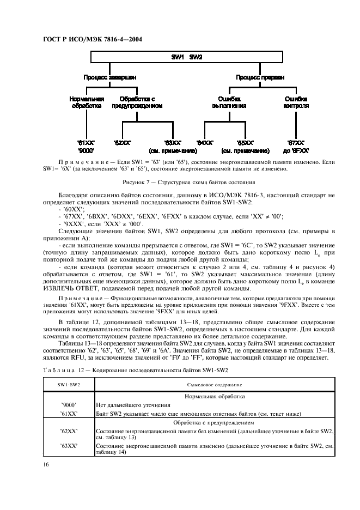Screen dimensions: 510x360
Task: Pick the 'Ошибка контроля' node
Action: (297, 102)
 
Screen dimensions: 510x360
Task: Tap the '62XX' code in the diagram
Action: (123, 142)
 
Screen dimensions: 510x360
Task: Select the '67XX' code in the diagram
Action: (297, 142)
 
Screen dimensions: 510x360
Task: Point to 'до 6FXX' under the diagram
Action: (297, 150)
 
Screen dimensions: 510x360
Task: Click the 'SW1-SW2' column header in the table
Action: (69, 385)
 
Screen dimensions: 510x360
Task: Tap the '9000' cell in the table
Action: (69, 405)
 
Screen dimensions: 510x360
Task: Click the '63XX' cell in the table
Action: (69, 445)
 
